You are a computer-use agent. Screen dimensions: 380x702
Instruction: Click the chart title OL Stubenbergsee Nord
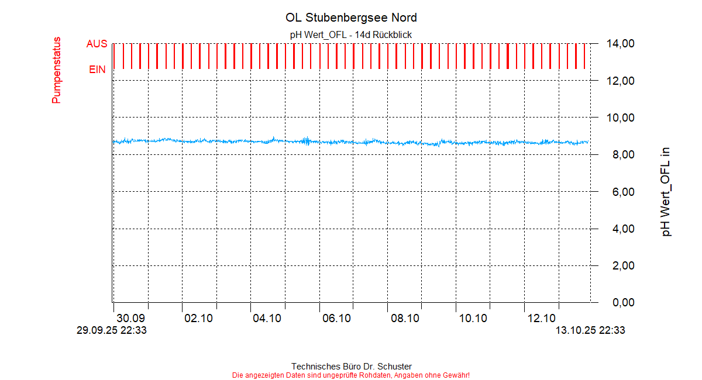[351, 18]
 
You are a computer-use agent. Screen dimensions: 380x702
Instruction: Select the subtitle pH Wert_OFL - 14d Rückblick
[351, 35]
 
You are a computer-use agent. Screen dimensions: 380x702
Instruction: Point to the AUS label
[97, 44]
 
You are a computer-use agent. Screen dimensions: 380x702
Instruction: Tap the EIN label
[97, 70]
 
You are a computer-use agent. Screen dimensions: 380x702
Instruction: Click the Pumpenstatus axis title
[56, 70]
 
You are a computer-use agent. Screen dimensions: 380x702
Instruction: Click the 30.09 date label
[130, 319]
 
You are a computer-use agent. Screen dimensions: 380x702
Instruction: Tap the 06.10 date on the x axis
[336, 319]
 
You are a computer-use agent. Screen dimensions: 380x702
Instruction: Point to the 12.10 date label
[541, 319]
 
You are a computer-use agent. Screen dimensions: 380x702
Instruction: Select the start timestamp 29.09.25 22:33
[112, 331]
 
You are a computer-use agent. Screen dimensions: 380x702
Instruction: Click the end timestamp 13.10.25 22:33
[590, 331]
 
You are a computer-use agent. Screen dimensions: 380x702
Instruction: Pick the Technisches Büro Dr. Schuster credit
[351, 367]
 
